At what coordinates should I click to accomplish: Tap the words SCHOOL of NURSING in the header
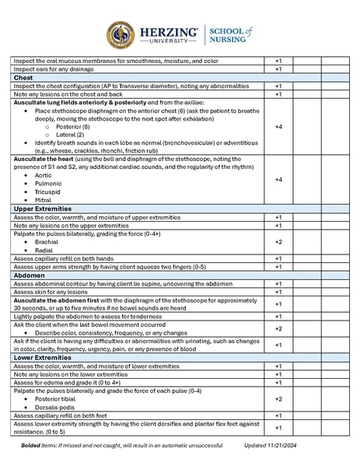232,35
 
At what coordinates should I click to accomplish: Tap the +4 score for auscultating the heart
278,180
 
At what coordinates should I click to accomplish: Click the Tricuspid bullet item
47,191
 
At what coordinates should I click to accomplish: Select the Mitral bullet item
44,200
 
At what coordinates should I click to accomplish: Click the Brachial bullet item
47,243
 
